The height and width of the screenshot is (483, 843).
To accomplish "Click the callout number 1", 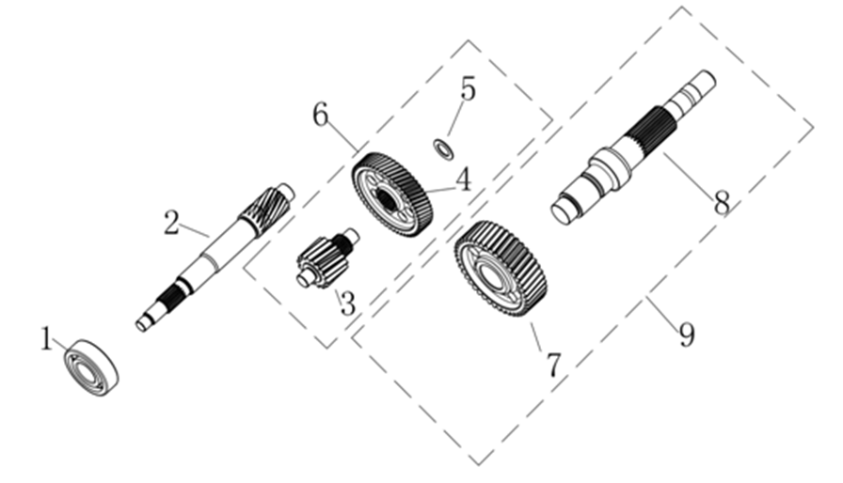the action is click(x=47, y=339).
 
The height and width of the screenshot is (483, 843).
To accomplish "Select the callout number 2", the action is click(x=171, y=223).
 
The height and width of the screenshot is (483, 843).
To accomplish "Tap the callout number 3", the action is click(x=348, y=304).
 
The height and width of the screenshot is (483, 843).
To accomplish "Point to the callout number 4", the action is click(x=464, y=179).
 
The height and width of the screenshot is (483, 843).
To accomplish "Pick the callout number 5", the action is click(x=469, y=88).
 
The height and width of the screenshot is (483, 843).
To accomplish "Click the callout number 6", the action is click(x=321, y=115).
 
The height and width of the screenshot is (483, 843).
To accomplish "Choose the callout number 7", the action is click(x=554, y=365).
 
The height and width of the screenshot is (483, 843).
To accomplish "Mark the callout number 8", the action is click(x=722, y=203).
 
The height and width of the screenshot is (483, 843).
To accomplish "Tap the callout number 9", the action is click(x=687, y=335).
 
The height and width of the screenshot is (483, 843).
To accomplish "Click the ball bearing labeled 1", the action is click(x=92, y=367).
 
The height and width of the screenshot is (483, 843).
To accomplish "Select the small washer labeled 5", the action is click(x=443, y=148).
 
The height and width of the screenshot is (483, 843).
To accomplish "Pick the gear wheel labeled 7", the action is click(x=501, y=268).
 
